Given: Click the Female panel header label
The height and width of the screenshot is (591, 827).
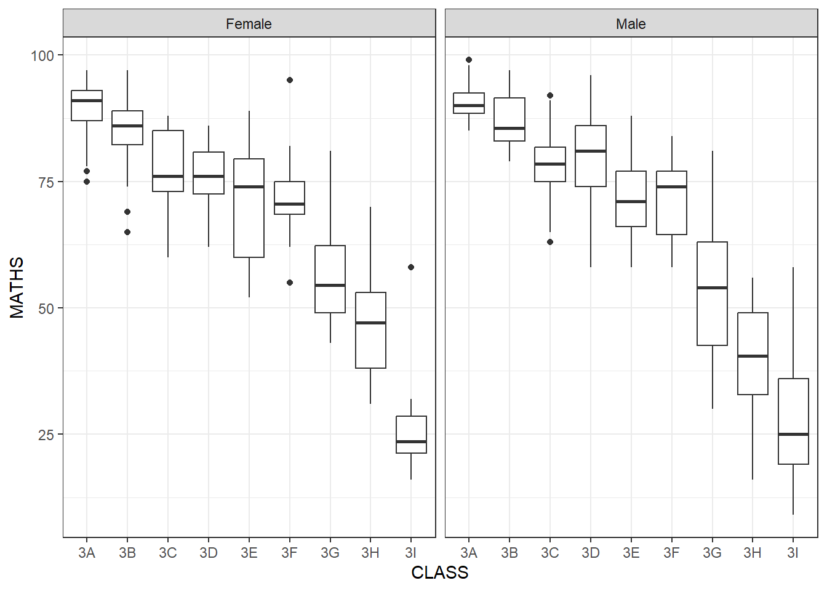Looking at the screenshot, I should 249,24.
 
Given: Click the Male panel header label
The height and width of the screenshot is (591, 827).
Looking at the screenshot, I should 631,24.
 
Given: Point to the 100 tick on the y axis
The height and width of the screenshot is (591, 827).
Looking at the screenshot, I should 42,55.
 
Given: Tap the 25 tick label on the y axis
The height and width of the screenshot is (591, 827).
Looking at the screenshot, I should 46,435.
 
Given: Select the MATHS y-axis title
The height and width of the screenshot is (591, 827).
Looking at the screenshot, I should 17,287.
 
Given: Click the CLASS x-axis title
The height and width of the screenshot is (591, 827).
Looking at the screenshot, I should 439,573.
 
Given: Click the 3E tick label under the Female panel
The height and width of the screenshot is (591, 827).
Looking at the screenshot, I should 249,553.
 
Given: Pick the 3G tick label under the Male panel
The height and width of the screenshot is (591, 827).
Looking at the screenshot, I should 712,553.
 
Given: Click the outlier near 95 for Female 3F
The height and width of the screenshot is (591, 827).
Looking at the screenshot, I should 290,80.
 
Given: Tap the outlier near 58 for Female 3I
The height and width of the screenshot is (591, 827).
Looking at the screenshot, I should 411,267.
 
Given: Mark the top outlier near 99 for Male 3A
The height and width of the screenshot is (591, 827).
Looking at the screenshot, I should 469,60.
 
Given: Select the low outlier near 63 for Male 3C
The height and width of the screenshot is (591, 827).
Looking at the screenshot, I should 550,242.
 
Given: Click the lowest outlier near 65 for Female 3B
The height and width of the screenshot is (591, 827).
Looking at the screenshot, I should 127,232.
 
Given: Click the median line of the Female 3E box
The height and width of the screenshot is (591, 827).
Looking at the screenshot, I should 249,187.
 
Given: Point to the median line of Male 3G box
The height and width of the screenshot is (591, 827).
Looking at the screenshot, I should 712,287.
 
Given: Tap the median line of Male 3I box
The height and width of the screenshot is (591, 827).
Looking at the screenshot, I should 793,434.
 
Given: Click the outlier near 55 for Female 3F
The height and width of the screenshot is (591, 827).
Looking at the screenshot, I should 290,283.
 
